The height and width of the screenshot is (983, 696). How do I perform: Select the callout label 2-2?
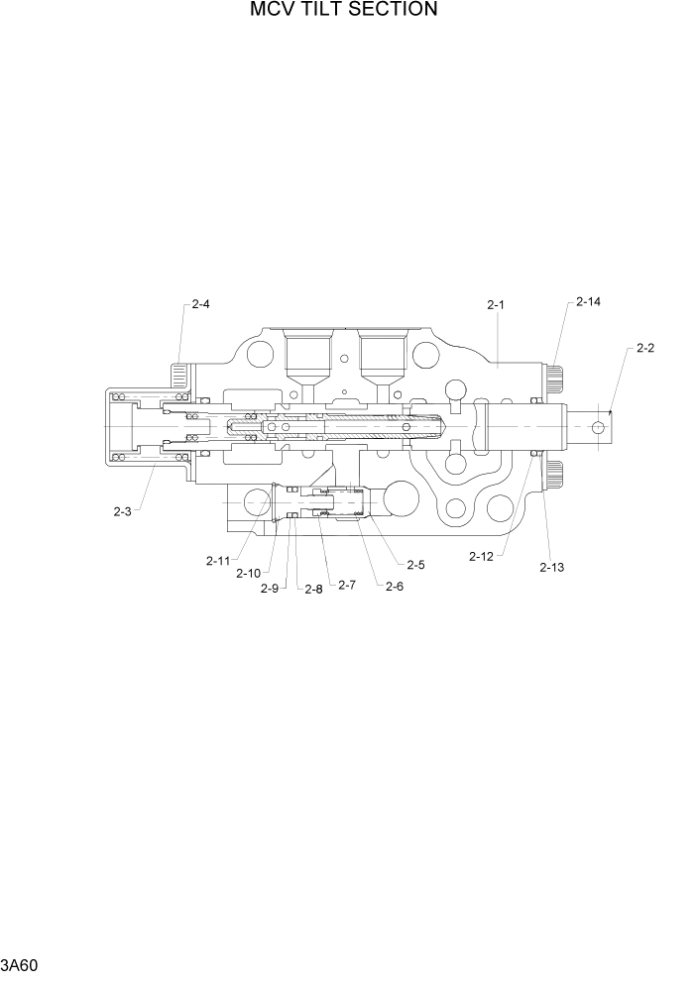pos(645,349)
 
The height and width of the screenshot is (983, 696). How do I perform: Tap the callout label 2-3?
pos(123,511)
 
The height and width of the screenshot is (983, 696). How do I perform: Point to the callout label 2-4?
pos(199,304)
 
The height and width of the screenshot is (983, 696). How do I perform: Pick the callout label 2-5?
pos(415,565)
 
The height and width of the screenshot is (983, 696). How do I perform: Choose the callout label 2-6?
pos(394,586)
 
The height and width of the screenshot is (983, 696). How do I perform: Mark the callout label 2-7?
pos(346,586)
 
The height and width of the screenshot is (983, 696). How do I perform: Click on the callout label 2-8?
pos(313,589)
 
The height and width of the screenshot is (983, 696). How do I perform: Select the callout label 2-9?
pos(269,589)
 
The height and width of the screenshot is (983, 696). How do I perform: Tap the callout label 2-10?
pos(249,573)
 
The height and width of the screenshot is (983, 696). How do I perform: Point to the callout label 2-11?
pos(218,561)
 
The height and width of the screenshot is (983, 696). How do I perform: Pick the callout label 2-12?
pos(481,557)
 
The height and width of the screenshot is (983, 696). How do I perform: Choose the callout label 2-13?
pos(551,567)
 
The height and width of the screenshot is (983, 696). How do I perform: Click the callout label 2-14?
pos(588,301)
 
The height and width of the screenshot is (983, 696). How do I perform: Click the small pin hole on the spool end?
pos(598,426)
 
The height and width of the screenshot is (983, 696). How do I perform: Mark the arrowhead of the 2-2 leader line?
pos(612,409)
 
